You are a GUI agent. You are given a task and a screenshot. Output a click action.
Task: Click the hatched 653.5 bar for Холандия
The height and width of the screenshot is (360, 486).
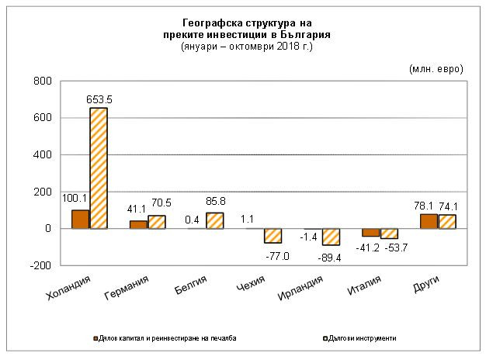point(99,168)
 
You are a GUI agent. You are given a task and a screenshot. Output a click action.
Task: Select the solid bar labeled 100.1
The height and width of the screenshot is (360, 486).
point(80,220)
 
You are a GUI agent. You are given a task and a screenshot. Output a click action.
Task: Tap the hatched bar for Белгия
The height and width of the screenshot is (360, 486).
point(214,221)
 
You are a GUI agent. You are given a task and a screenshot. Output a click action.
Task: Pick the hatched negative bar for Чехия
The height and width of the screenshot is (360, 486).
point(273,236)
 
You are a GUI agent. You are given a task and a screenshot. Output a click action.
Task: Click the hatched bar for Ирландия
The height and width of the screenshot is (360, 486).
point(331,237)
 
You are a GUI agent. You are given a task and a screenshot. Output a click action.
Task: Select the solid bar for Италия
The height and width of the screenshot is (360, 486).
point(370,233)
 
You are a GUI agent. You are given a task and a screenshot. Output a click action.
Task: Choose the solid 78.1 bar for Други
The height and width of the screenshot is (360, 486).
point(429,221)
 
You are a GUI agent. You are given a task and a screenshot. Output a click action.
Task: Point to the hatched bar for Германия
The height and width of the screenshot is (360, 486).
point(157,222)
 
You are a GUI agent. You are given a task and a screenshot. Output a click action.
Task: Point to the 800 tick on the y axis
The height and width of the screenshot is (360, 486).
point(42,81)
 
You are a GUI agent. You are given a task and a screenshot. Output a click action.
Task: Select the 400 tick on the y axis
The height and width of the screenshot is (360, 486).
point(42,155)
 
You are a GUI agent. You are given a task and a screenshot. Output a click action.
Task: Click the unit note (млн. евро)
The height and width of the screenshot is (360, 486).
point(436,68)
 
